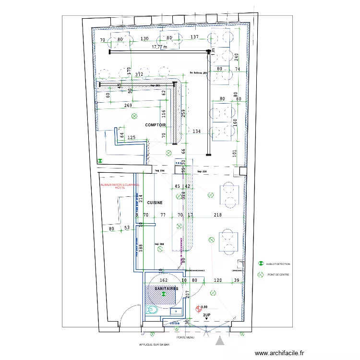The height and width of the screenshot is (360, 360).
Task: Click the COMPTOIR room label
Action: pyautogui.click(x=156, y=125)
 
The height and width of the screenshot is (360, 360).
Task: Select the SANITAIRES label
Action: pyautogui.click(x=163, y=288)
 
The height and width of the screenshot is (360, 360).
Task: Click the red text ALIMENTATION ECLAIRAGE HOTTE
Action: pyautogui.click(x=120, y=186)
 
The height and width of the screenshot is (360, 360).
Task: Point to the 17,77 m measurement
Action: pyautogui.click(x=159, y=47)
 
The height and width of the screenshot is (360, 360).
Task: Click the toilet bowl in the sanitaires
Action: pyautogui.click(x=153, y=310)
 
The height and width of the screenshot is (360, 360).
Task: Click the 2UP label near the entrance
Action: pyautogui.click(x=207, y=315)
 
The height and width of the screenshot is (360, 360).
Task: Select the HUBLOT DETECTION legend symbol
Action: pyautogui.click(x=261, y=264)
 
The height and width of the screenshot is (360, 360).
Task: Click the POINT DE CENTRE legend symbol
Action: pyautogui.click(x=261, y=275)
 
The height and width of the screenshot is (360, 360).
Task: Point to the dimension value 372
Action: pyautogui.click(x=139, y=74)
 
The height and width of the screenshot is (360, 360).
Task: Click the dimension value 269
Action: pyautogui.click(x=128, y=105)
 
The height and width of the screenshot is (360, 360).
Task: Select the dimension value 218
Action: pyautogui.click(x=217, y=215)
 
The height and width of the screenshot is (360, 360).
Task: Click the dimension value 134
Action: pyautogui.click(x=197, y=131)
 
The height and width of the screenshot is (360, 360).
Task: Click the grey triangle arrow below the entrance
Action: pyautogui.click(x=220, y=341)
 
